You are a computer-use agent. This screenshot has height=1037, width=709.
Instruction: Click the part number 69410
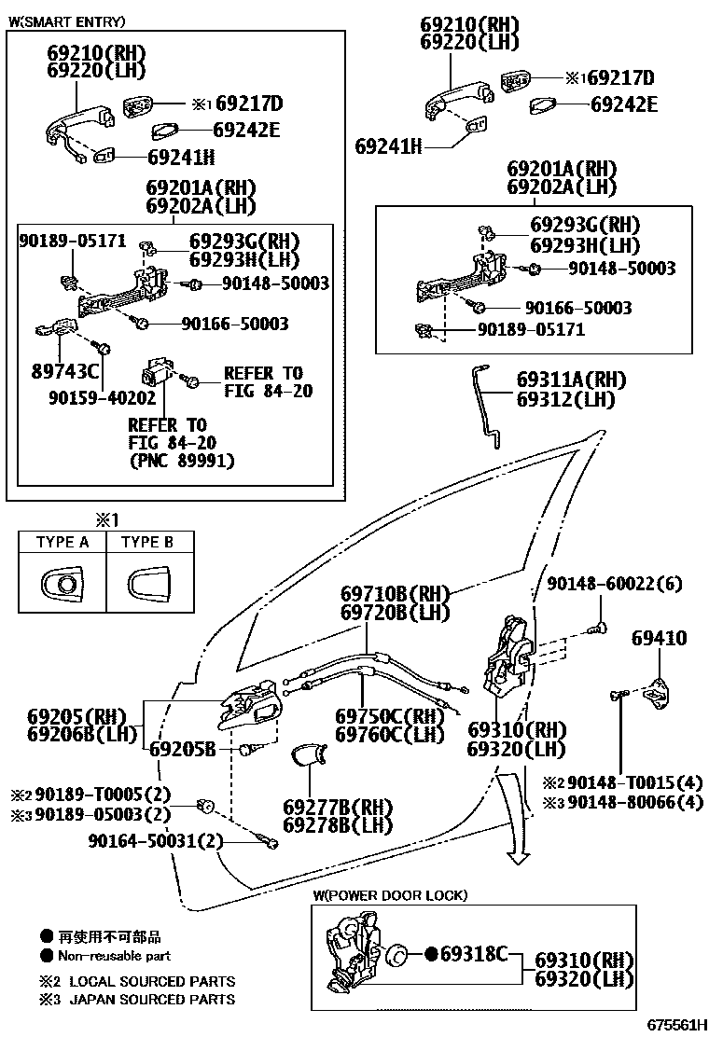659,639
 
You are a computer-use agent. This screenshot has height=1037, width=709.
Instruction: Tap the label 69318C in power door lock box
473,953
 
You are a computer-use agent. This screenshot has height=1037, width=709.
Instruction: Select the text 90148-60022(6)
614,584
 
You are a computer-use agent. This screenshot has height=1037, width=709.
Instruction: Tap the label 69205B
183,749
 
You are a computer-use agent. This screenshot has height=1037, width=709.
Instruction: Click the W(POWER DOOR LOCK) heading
390,895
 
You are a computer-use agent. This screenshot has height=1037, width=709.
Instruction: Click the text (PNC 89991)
181,461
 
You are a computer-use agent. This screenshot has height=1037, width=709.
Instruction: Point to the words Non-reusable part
114,956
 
